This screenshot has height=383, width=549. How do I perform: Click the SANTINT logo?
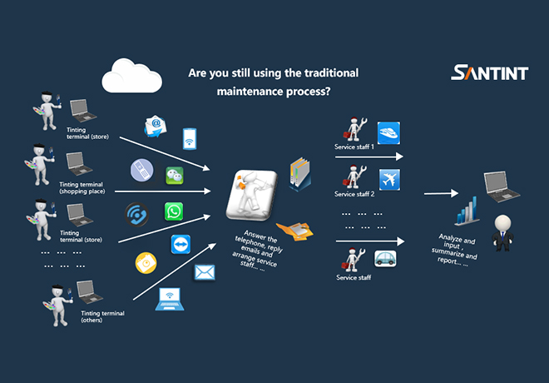pyautogui.click(x=489, y=72)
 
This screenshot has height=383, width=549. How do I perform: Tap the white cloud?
pyautogui.click(x=131, y=76)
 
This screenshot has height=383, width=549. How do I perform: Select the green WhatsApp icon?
pyautogui.click(x=174, y=211)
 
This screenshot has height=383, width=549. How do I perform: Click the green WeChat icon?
pyautogui.click(x=175, y=176)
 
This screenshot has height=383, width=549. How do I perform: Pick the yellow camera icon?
pyautogui.click(x=146, y=262)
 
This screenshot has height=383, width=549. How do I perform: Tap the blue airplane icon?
pyautogui.click(x=389, y=179)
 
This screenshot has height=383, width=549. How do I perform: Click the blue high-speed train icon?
pyautogui.click(x=388, y=133)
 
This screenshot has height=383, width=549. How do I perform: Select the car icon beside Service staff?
pyautogui.click(x=385, y=259)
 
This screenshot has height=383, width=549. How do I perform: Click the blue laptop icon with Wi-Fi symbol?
pyautogui.click(x=170, y=299)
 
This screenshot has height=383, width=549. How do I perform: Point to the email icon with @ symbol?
pyautogui.click(x=156, y=127)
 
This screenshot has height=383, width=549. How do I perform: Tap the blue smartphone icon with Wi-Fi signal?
pyautogui.click(x=190, y=139)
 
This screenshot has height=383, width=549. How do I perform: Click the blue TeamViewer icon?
pyautogui.click(x=181, y=244)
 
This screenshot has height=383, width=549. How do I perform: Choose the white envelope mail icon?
pyautogui.click(x=205, y=272)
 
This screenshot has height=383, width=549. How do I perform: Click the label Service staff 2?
pyautogui.click(x=354, y=194)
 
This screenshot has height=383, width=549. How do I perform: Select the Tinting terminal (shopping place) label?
pyautogui.click(x=82, y=188)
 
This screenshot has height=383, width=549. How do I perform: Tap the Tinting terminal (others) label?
pyautogui.click(x=102, y=316)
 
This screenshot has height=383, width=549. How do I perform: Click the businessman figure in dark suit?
pyautogui.click(x=502, y=233)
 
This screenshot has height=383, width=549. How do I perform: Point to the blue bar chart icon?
pyautogui.click(x=467, y=211)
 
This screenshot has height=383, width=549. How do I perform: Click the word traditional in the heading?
pyautogui.click(x=331, y=73)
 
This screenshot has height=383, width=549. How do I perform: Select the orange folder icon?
pyautogui.click(x=295, y=231)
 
